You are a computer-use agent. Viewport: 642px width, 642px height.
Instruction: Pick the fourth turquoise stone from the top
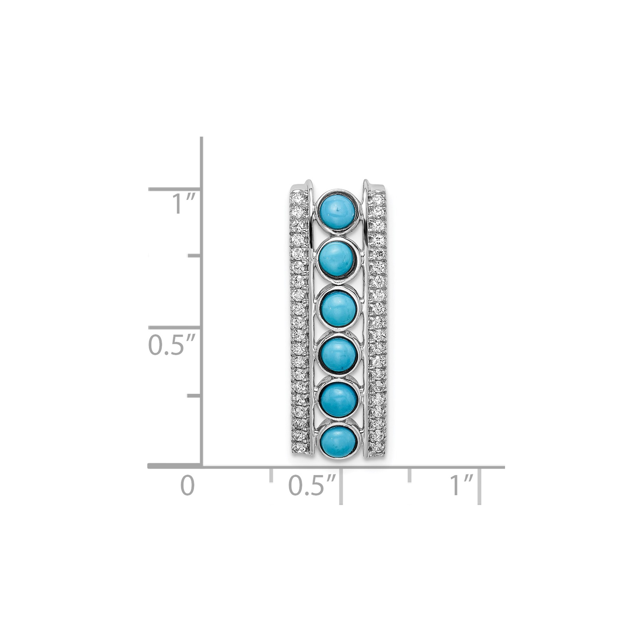337,354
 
